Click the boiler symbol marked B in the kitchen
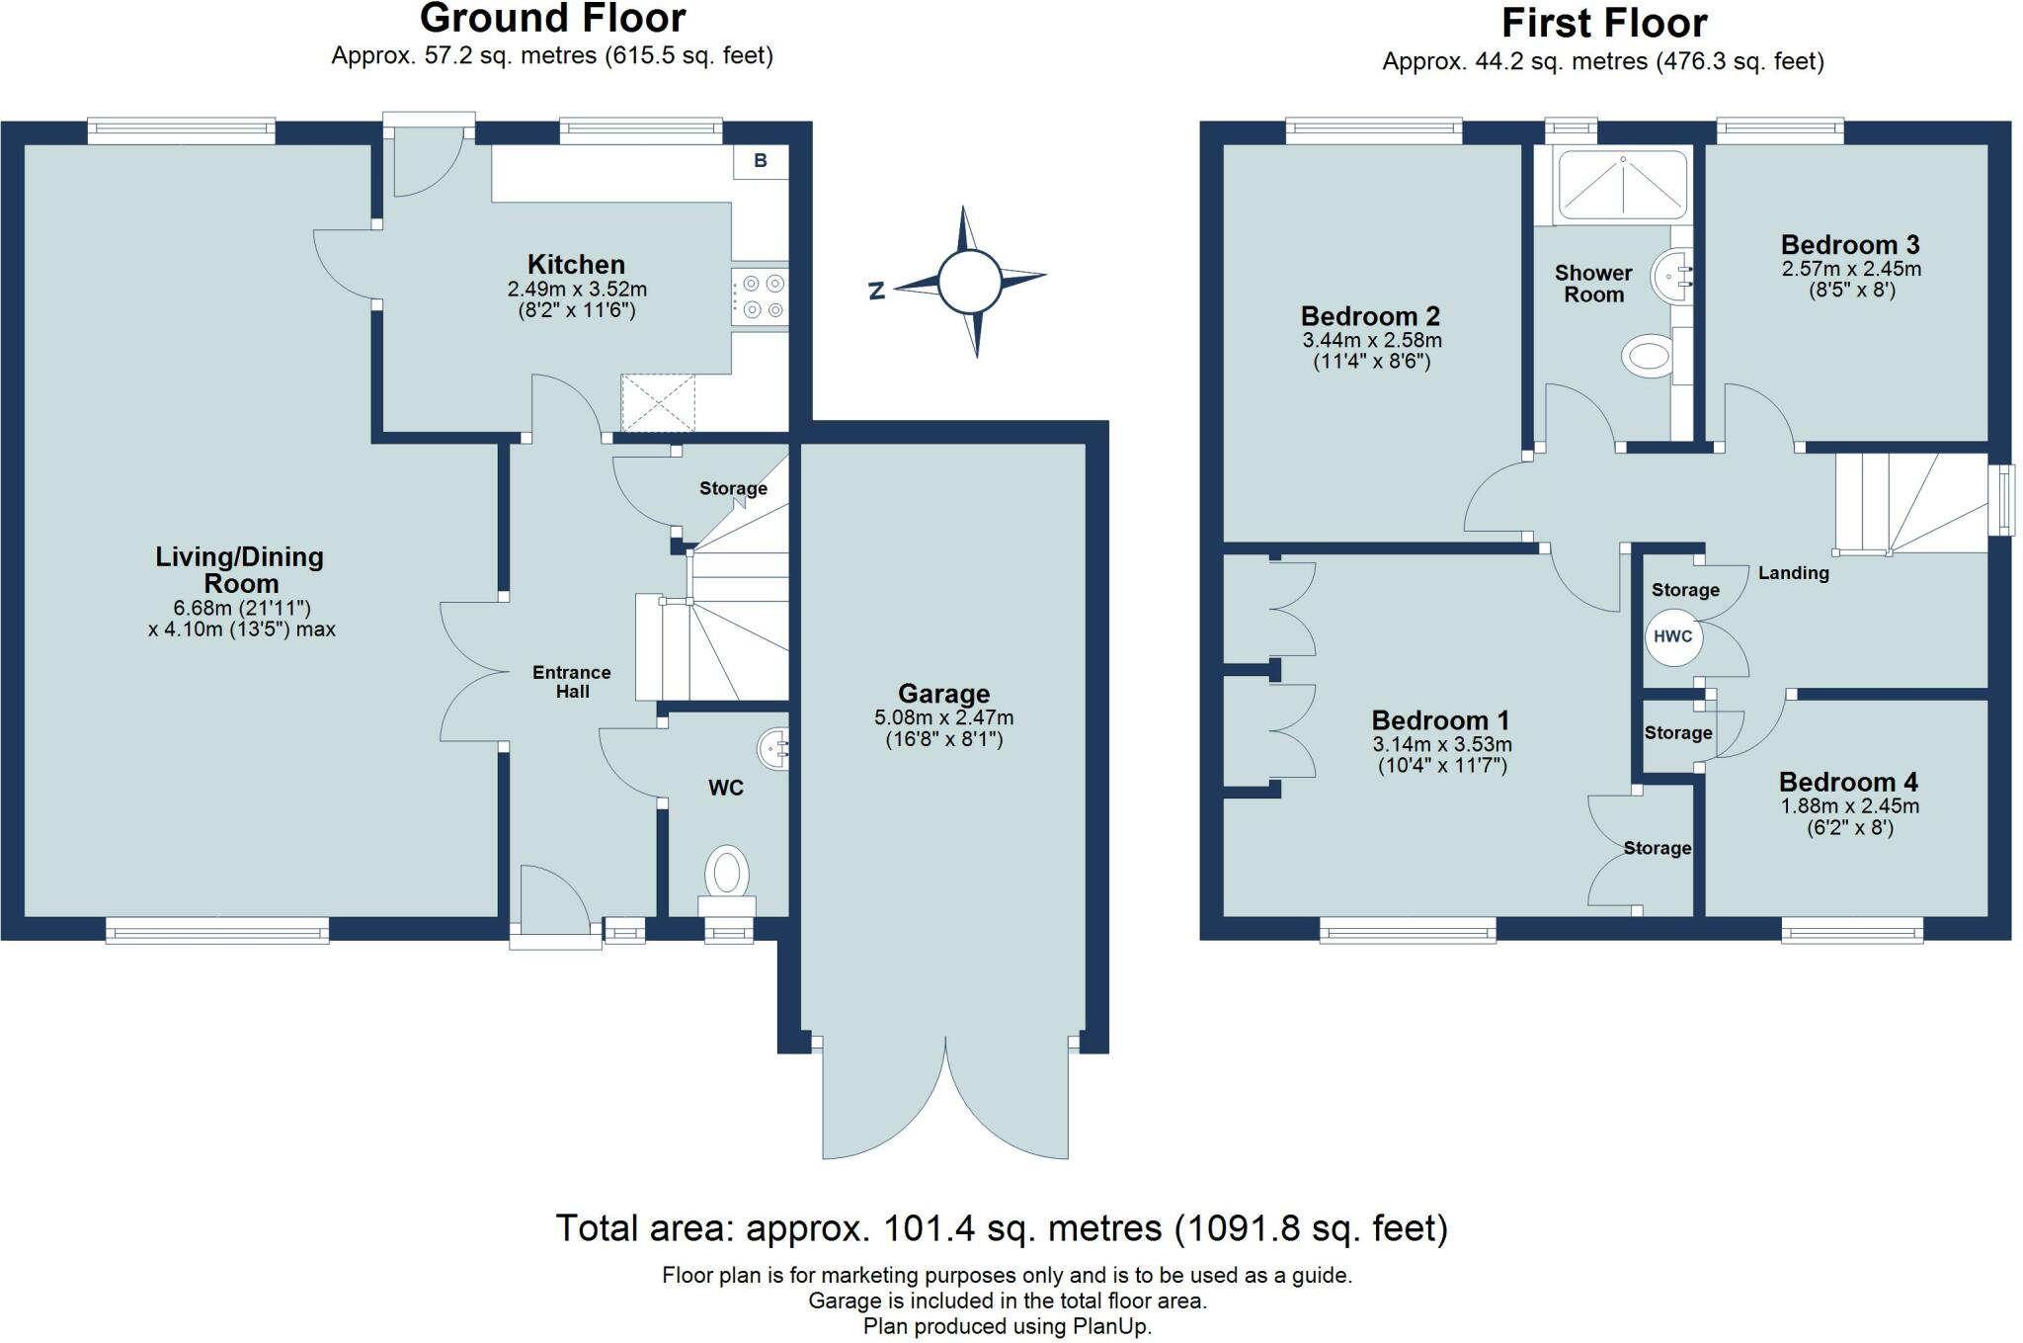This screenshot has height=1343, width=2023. [761, 161]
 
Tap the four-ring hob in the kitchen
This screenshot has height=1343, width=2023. [760, 297]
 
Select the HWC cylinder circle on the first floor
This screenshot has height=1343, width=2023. [1673, 636]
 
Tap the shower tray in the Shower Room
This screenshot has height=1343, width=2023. [1621, 184]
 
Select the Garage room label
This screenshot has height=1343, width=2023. [943, 694]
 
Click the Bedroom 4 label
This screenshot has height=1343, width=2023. [1848, 782]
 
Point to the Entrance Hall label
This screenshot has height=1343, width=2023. [572, 682]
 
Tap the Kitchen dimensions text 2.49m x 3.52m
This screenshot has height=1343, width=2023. [577, 290]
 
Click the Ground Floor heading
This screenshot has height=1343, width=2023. [553, 19]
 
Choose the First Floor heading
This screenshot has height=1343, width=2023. [1604, 23]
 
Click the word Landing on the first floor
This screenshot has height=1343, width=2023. [1794, 573]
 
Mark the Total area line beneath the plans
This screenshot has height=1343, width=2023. [1002, 1228]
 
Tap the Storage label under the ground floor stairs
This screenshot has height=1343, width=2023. [733, 488]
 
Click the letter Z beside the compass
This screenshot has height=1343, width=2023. [875, 291]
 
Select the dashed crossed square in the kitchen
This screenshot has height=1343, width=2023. [658, 403]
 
